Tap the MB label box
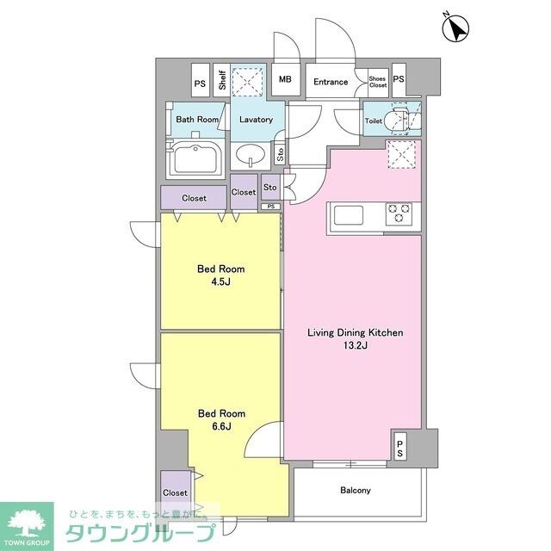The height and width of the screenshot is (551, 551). tap(286, 79)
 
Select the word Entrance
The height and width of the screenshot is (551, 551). tap(331, 82)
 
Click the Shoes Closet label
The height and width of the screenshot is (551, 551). tap(378, 82)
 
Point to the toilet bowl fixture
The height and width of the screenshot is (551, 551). tap(397, 120)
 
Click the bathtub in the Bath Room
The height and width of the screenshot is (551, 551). tap(195, 159)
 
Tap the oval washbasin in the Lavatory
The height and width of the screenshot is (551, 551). tap(251, 155)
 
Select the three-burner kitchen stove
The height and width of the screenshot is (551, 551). tap(399, 214)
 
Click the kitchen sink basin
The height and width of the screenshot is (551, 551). tap(348, 215)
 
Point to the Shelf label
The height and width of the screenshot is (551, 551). tap(222, 80)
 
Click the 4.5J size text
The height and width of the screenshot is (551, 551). tap(220, 282)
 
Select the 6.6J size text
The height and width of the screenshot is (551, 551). tap(221, 427)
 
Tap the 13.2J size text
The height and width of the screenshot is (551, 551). tap(356, 345)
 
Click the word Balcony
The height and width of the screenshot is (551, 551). tap(356, 490)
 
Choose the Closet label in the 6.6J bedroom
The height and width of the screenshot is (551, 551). tap(175, 493)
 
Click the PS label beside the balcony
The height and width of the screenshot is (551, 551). tap(399, 449)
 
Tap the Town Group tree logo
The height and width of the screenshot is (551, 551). tap(27, 523)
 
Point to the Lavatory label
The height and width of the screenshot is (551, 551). tap(257, 120)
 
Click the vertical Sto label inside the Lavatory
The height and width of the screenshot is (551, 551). tap(280, 154)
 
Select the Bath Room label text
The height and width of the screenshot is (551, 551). tap(197, 120)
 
